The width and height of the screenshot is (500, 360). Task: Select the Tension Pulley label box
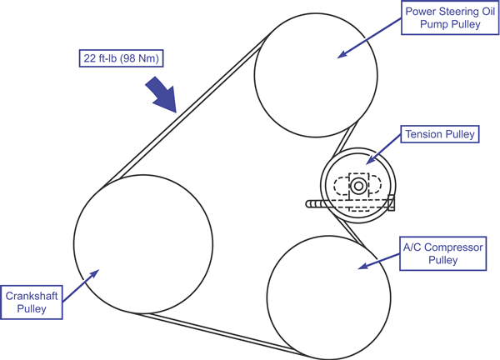(439, 134)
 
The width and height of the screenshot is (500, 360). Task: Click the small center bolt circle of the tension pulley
(358, 186)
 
